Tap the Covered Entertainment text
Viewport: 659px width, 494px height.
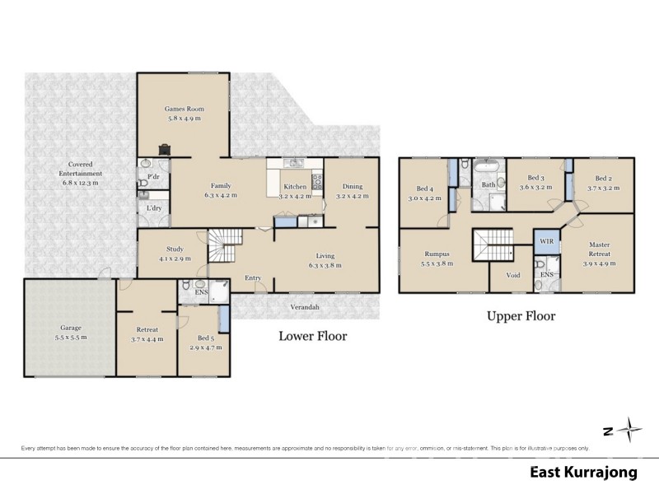click(80, 169)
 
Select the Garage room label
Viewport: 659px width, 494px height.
click(70, 327)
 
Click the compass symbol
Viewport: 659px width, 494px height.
click(630, 429)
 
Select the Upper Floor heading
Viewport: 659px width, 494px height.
click(521, 315)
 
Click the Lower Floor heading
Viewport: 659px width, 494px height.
click(312, 335)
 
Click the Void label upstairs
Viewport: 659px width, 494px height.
click(513, 275)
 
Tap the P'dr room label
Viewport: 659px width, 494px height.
click(152, 178)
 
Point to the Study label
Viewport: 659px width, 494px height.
click(174, 249)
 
